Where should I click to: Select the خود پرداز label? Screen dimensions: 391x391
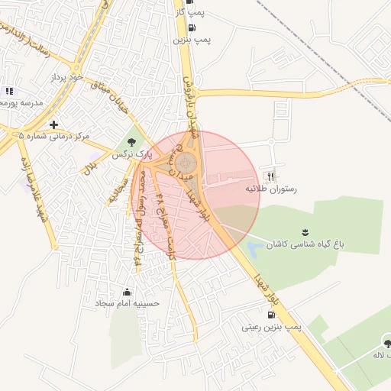pyautogui.click(x=64, y=78)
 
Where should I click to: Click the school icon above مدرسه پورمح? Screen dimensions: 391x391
pyautogui.click(x=9, y=91)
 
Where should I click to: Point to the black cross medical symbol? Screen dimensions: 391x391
pyautogui.click(x=53, y=124)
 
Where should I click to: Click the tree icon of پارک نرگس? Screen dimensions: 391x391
pyautogui.click(x=132, y=141)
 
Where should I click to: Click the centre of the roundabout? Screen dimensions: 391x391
pyautogui.click(x=186, y=163)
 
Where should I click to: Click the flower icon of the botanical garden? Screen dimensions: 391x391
pyautogui.click(x=305, y=232)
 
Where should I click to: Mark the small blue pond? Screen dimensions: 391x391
pyautogui.click(x=254, y=249)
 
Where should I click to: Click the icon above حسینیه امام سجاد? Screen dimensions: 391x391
pyautogui.click(x=127, y=292)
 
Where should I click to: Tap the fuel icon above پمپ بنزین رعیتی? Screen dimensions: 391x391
pyautogui.click(x=272, y=315)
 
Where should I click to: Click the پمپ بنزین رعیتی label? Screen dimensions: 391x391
pyautogui.click(x=273, y=326)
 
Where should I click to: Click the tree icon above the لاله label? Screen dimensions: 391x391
pyautogui.click(x=386, y=342)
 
